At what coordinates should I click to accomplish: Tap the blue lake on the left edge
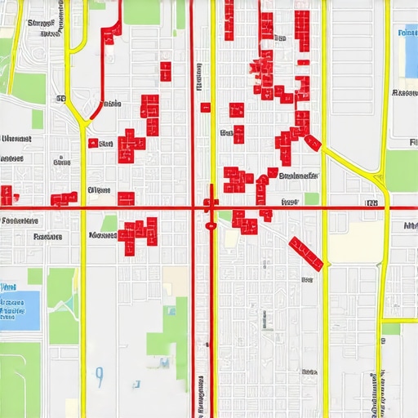pos(20,310)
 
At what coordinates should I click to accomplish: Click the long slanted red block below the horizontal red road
pos(307,252)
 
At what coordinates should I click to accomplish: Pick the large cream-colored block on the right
pos(356,242)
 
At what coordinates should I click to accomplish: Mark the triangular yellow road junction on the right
pos(376,176)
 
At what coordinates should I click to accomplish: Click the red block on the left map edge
pos(6,195)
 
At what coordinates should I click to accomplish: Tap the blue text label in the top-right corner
pos(406,33)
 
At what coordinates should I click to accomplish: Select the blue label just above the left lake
pos(9,287)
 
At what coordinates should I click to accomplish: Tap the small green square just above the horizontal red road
pos(311,198)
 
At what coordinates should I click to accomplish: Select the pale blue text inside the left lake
pos(12,308)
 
